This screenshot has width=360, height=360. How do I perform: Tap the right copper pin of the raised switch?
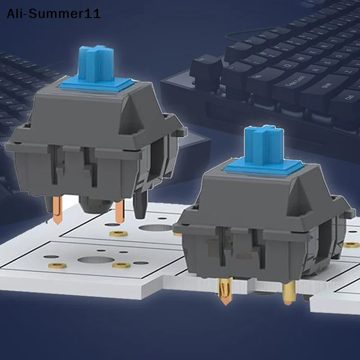click(x=120, y=211)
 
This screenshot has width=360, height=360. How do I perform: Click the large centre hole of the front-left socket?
click(x=95, y=260)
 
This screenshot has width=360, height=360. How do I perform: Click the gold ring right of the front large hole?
click(x=121, y=265)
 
